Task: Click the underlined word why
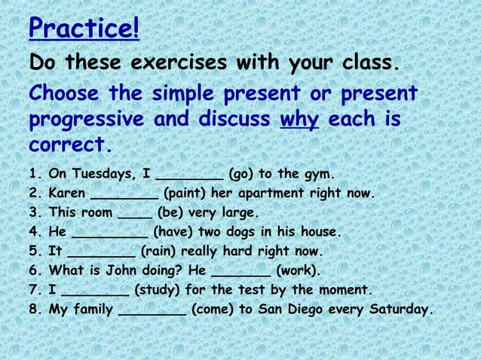click(299, 120)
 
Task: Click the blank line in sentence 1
click(189, 178)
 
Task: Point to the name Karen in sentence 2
click(66, 193)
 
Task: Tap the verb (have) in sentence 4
click(176, 231)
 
